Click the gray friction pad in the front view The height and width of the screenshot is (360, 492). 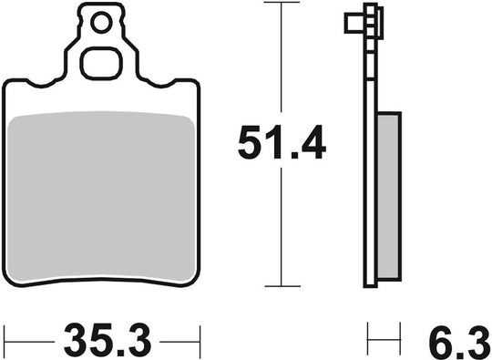tap(101, 191)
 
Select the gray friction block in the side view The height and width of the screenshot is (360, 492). tap(388, 196)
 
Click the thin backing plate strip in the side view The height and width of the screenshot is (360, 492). tap(370, 182)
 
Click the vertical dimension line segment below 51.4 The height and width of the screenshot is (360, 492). tap(282, 228)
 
